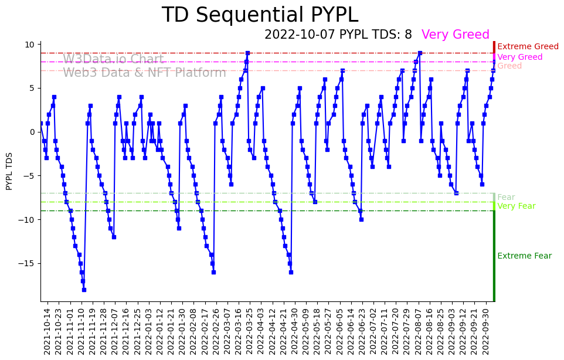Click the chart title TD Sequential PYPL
pos(260,15)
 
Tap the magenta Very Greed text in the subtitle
pos(455,35)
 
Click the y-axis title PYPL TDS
pos(9,171)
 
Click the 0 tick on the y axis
pos(33,132)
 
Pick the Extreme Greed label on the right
pos(528,47)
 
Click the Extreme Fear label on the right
pos(524,256)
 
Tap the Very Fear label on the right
pos(516,206)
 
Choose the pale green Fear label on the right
pos(506,198)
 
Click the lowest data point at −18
pos(84,290)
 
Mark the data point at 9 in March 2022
pos(247,53)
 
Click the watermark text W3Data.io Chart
pos(113,59)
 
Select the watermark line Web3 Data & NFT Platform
pos(144,73)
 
